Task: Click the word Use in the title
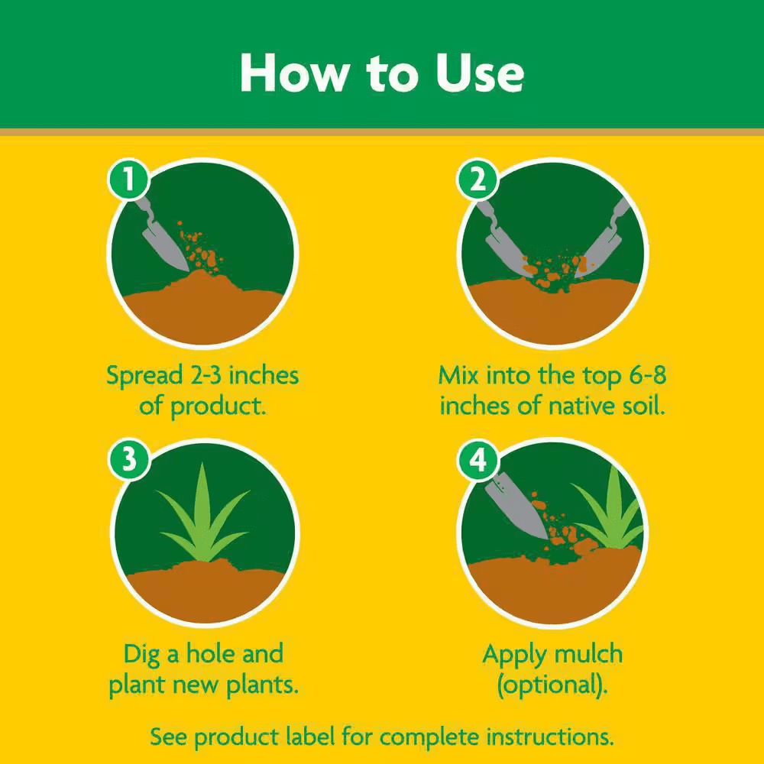click(480, 73)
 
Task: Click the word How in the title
click(295, 73)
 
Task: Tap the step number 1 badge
click(128, 180)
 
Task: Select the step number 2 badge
click(477, 180)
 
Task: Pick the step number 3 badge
click(128, 459)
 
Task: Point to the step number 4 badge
click(477, 459)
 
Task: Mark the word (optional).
click(552, 685)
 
